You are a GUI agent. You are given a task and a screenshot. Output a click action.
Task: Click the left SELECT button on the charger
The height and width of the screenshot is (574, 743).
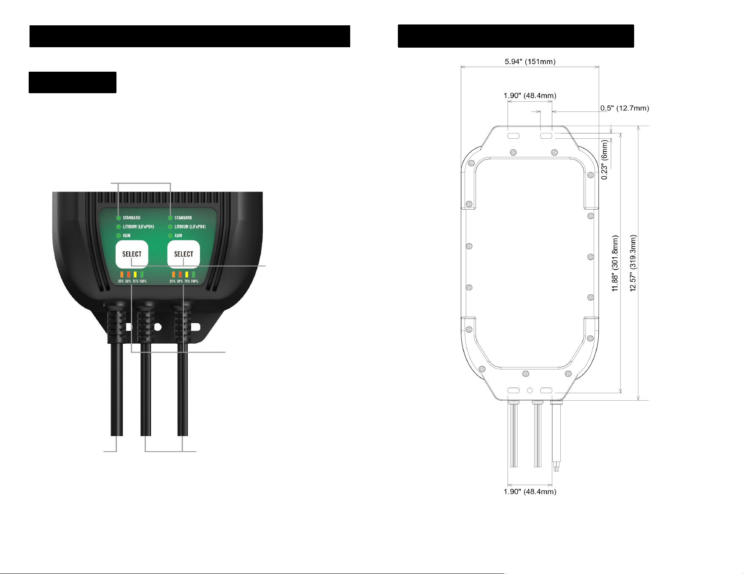(x=132, y=254)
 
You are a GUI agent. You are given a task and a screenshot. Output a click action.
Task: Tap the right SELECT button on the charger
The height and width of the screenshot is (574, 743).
(x=184, y=254)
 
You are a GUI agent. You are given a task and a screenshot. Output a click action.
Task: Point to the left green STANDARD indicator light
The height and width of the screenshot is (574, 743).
(x=119, y=218)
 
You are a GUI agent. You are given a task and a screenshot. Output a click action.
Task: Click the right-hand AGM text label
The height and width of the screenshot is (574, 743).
(x=178, y=236)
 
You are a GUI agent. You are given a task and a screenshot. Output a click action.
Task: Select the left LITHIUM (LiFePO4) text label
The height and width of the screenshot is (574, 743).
(x=138, y=227)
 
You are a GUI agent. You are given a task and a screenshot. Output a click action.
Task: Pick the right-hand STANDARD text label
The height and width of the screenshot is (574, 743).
(x=183, y=218)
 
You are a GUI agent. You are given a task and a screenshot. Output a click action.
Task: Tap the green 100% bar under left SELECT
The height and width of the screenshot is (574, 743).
(x=142, y=275)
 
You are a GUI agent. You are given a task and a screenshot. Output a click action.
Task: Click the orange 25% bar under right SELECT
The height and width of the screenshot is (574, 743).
(x=173, y=275)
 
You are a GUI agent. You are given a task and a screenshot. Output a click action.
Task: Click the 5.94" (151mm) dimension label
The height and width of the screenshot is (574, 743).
(x=530, y=62)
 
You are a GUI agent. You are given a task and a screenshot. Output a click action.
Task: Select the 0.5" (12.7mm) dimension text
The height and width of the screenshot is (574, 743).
(x=624, y=108)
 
